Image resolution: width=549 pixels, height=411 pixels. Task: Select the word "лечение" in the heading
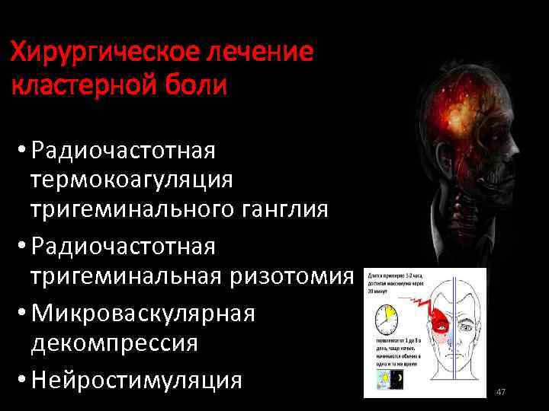(260, 53)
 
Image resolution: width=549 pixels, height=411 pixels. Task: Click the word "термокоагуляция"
(131, 180)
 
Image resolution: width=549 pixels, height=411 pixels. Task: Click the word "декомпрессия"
(114, 342)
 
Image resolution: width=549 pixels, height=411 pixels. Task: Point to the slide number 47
(501, 392)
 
